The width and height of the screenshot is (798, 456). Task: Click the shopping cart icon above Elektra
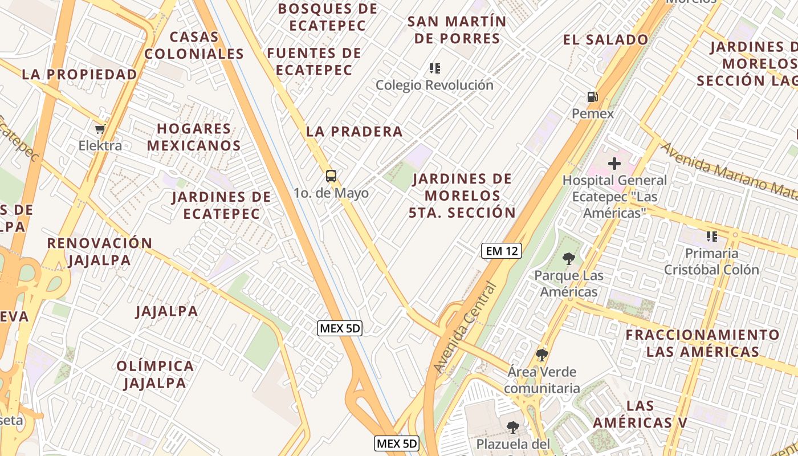(x=100, y=129)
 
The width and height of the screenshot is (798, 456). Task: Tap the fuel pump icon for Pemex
(x=593, y=97)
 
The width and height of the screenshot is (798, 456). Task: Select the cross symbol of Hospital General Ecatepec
(x=614, y=164)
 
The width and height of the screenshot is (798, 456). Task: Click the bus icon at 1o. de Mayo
(x=331, y=176)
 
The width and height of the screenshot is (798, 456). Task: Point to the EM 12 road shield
(x=502, y=251)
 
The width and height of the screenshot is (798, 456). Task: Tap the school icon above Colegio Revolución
(x=435, y=68)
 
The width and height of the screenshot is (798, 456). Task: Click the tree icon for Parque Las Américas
(x=568, y=259)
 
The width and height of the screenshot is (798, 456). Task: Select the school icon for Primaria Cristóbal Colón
(x=711, y=236)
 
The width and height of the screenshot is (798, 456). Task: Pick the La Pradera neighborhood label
(x=355, y=132)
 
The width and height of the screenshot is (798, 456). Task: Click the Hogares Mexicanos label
(x=194, y=137)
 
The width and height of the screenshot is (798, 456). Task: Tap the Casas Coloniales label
(x=194, y=46)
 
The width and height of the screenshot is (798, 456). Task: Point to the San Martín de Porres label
(x=457, y=30)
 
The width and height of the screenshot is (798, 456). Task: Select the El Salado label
(x=605, y=40)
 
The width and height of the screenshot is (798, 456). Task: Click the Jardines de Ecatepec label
(x=221, y=206)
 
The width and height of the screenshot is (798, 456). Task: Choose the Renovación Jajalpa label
(x=100, y=251)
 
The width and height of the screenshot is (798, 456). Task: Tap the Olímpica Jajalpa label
(x=156, y=374)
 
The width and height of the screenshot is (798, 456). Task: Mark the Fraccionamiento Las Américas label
(x=702, y=343)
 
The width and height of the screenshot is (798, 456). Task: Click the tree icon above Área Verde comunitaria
(x=541, y=355)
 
